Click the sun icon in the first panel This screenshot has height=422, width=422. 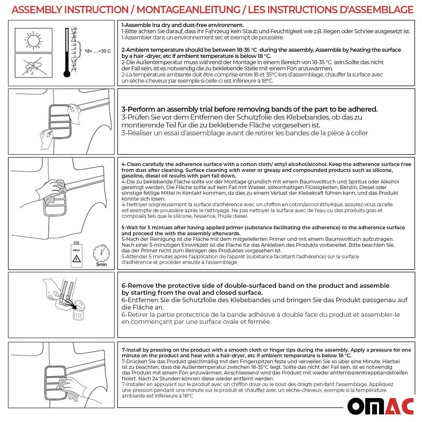(34, 40)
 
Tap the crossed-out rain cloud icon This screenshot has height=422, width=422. (34, 65)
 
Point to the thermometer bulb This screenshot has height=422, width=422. (67, 74)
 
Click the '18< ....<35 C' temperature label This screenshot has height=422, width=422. (98, 51)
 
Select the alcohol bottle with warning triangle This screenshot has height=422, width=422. (77, 255)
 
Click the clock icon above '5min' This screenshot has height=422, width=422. (101, 253)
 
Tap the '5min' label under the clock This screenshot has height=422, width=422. (101, 265)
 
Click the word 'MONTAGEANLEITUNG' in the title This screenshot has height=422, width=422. (188, 10)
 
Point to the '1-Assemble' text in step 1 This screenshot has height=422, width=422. (136, 25)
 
